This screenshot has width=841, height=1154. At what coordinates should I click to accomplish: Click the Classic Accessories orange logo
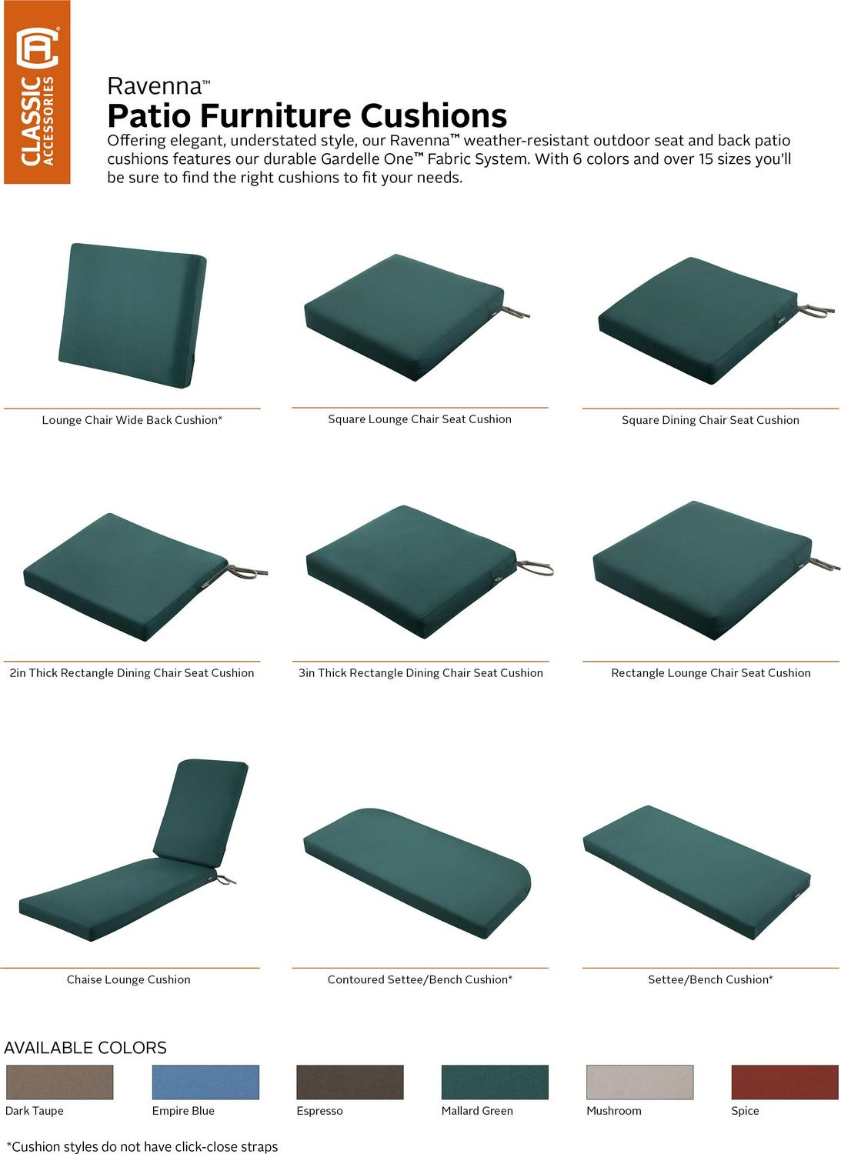[x=37, y=92]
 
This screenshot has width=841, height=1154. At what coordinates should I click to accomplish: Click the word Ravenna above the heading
[x=154, y=86]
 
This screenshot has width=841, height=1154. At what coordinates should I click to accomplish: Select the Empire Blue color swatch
[x=205, y=1082]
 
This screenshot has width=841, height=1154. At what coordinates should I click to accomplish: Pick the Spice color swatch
[x=785, y=1082]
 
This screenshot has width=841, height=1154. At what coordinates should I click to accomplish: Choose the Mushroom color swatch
[x=640, y=1082]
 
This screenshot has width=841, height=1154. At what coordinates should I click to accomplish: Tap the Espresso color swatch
[x=350, y=1082]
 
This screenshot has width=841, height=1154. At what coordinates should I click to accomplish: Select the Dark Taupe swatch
[x=59, y=1082]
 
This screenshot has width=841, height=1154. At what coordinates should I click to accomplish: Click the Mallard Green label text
[x=477, y=1111]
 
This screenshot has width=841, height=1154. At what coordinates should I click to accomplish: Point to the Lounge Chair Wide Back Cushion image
[x=132, y=315]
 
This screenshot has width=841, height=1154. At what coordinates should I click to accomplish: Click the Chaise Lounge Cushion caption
[x=128, y=979]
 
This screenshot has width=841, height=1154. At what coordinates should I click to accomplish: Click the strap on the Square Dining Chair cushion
[x=816, y=310]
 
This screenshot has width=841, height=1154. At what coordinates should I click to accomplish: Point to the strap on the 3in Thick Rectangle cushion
[x=535, y=568]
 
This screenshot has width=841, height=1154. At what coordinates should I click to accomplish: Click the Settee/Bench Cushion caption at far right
[x=711, y=979]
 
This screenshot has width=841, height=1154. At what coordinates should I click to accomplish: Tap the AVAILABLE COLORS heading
[x=85, y=1047]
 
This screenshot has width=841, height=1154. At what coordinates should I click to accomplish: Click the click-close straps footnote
[x=142, y=1146]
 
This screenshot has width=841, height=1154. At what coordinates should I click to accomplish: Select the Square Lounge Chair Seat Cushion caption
[x=420, y=419]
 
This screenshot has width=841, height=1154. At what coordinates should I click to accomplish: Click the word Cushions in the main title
[x=434, y=116]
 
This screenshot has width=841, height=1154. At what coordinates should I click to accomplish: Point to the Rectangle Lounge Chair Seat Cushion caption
[x=711, y=673]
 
